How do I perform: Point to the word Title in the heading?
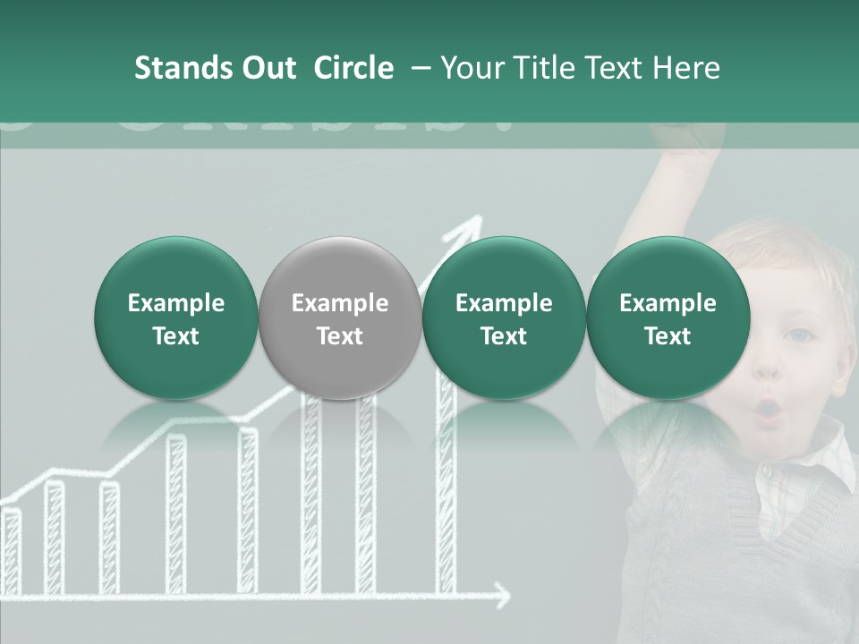[546, 68]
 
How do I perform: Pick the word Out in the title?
[267, 68]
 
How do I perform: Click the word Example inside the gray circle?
[340, 303]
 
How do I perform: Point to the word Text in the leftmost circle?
[175, 336]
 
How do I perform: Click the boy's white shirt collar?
[828, 456]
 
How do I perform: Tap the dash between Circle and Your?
[418, 68]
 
